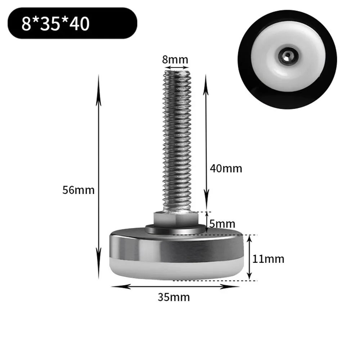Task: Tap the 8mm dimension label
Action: click(x=175, y=60)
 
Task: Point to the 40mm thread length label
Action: click(x=226, y=168)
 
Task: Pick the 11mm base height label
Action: click(x=268, y=258)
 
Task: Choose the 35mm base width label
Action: click(x=174, y=297)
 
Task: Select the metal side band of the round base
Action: click(x=175, y=248)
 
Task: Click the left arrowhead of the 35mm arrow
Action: click(x=113, y=287)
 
